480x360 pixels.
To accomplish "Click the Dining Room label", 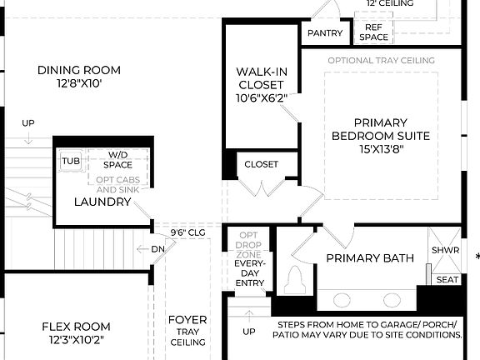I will (79, 70).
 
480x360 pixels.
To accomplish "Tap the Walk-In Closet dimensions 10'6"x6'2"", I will (261, 97).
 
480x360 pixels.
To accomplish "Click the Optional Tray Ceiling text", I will (381, 61).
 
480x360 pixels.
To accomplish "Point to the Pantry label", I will (325, 33).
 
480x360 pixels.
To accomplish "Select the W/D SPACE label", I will (117, 160).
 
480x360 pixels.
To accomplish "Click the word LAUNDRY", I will (102, 202).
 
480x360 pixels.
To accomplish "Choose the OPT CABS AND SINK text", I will (117, 185).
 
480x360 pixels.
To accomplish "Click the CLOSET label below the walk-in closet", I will (261, 164).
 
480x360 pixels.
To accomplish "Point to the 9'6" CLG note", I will (187, 232).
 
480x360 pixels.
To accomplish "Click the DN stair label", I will (157, 249).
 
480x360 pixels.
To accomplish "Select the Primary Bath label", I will (369, 258).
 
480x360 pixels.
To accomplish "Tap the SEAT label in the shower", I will (447, 280).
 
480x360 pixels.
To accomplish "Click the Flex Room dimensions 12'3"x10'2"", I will (75, 340).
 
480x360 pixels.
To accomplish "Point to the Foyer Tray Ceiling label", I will (187, 331).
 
